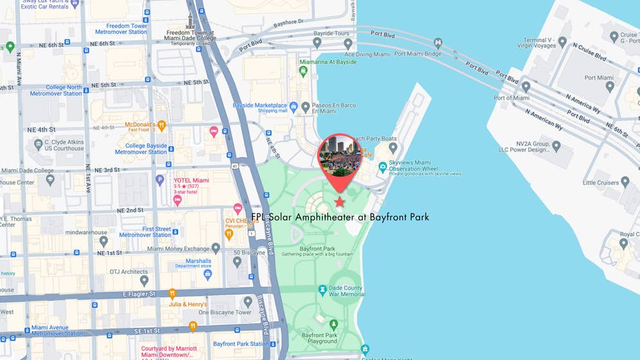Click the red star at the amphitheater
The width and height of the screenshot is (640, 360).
click(x=339, y=203)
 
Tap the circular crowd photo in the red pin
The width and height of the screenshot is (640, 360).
click(x=339, y=155)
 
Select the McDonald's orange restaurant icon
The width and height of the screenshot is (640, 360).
click(x=162, y=126)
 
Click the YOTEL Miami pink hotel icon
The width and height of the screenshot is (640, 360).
click(x=177, y=200)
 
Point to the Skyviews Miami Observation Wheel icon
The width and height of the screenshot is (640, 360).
click(x=383, y=167)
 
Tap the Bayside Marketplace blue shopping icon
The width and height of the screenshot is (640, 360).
click(x=294, y=107)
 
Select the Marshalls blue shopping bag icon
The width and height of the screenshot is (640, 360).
click(x=208, y=274)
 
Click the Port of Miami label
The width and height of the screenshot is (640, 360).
click(x=511, y=98)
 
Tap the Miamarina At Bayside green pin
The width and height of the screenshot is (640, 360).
click(x=303, y=71)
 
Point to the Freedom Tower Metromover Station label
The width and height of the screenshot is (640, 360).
click(x=121, y=29)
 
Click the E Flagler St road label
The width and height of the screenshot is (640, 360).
click(x=139, y=294)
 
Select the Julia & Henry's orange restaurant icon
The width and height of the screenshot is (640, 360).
click(x=172, y=294)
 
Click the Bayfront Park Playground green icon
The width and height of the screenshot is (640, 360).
click(x=333, y=325)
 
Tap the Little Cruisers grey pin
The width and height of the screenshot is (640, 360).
click(x=625, y=183)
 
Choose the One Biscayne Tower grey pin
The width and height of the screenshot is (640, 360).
click(x=248, y=302)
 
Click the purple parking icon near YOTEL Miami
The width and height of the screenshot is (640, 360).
click(x=160, y=181)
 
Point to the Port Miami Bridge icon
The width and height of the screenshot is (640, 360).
click(x=438, y=44)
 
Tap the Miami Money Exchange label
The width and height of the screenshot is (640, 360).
click(x=178, y=249)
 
